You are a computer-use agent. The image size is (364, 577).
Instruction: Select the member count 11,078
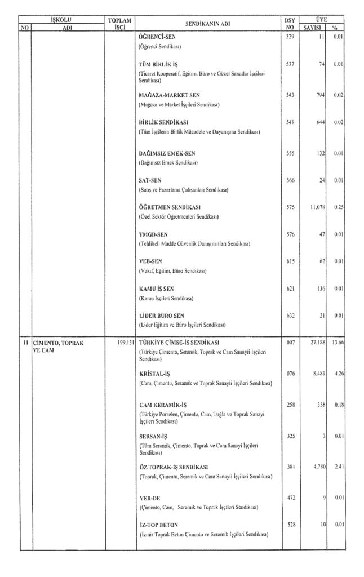click(x=314, y=207)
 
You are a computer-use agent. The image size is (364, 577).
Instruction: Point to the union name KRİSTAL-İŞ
click(x=156, y=374)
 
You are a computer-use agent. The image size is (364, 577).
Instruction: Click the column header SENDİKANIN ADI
click(x=208, y=24)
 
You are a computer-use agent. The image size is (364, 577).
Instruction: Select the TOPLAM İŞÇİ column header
click(x=119, y=24)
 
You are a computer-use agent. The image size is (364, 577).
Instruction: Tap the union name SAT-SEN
click(x=149, y=180)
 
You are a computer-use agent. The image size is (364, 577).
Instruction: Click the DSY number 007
click(x=290, y=342)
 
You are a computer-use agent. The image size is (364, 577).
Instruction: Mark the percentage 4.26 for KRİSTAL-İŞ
click(x=338, y=374)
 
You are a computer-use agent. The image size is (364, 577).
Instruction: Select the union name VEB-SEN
click(x=150, y=261)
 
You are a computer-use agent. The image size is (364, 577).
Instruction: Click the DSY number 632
click(x=290, y=316)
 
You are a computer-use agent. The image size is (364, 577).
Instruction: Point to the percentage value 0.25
click(x=338, y=207)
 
